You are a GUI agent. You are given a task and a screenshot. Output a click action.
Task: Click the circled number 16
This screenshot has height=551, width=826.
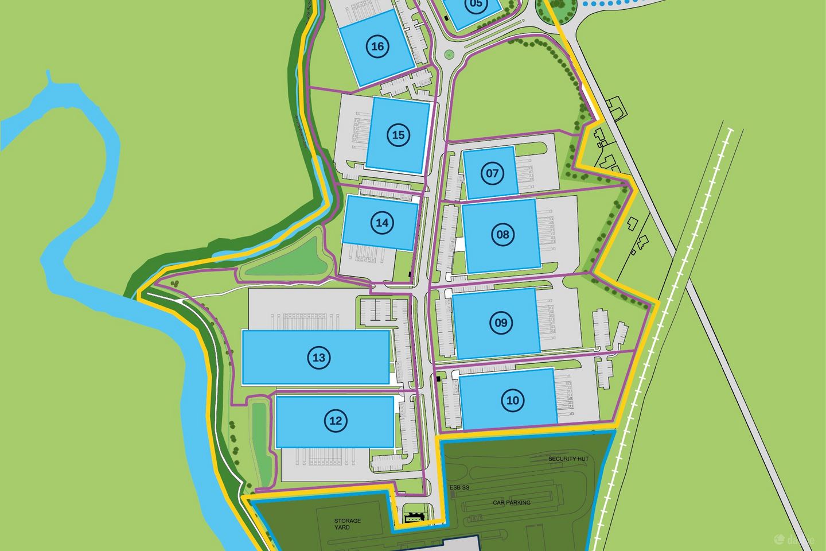[377, 46]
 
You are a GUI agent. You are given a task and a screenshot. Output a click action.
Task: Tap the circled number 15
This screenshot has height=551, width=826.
[398, 135]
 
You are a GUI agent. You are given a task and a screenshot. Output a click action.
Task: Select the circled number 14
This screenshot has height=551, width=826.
[383, 222]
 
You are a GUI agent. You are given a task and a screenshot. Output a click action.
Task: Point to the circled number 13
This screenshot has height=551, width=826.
[319, 358]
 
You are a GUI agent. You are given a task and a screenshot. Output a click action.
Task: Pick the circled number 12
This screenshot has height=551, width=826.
[336, 421]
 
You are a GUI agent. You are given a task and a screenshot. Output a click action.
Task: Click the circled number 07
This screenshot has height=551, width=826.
[492, 173]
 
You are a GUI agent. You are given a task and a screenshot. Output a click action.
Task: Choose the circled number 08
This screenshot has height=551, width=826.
[502, 234]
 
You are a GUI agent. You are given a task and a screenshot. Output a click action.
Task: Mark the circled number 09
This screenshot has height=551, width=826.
[501, 323]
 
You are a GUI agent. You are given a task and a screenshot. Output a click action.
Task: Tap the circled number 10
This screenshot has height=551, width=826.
[513, 400]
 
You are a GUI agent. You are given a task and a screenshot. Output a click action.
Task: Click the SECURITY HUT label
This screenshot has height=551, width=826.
[568, 459]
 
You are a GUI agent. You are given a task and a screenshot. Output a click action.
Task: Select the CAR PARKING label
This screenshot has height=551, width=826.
[512, 503]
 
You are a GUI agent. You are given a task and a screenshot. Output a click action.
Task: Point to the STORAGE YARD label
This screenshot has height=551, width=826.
[348, 524]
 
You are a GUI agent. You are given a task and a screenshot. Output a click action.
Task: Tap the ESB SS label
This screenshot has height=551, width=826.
[459, 488]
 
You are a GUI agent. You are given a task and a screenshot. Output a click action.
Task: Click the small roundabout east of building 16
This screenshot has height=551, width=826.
[449, 55]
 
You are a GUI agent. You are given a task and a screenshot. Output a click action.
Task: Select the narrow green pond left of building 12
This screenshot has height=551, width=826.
[259, 436]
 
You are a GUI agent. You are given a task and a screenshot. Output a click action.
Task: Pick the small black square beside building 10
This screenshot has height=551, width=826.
[438, 378]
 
